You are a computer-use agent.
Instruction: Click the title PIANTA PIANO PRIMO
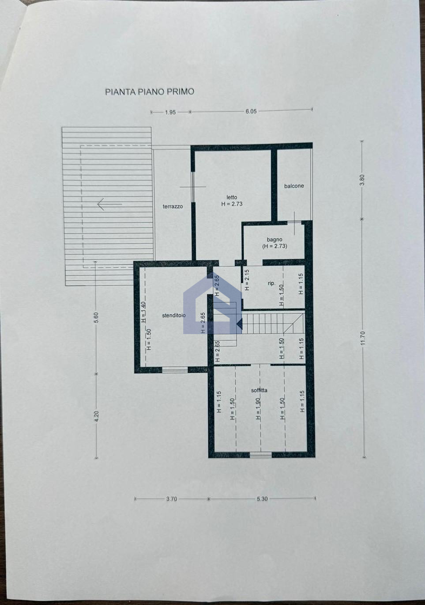(x=150, y=92)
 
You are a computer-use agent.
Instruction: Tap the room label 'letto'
(x=232, y=197)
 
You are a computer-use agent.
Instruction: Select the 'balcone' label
(x=294, y=186)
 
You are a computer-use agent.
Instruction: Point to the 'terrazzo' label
(x=173, y=206)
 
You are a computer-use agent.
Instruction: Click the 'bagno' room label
(x=275, y=239)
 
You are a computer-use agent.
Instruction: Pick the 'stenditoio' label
(x=174, y=315)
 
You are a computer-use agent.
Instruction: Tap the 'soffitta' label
(x=259, y=390)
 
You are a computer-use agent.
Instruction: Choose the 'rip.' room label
(x=271, y=283)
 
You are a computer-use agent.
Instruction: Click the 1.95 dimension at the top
(x=170, y=112)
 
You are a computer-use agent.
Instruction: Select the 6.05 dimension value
(x=251, y=111)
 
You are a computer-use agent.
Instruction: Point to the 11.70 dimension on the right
(x=362, y=338)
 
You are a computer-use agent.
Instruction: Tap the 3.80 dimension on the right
(x=362, y=179)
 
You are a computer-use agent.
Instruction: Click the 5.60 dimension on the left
(x=97, y=318)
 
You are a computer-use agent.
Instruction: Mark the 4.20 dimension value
(x=97, y=416)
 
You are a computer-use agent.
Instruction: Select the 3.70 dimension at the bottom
(x=172, y=499)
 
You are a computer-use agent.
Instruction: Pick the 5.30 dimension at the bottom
(x=262, y=498)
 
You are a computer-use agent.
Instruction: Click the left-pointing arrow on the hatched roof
(x=109, y=204)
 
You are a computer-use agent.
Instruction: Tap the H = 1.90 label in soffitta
(x=258, y=409)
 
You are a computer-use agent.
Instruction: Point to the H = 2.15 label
(x=247, y=280)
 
